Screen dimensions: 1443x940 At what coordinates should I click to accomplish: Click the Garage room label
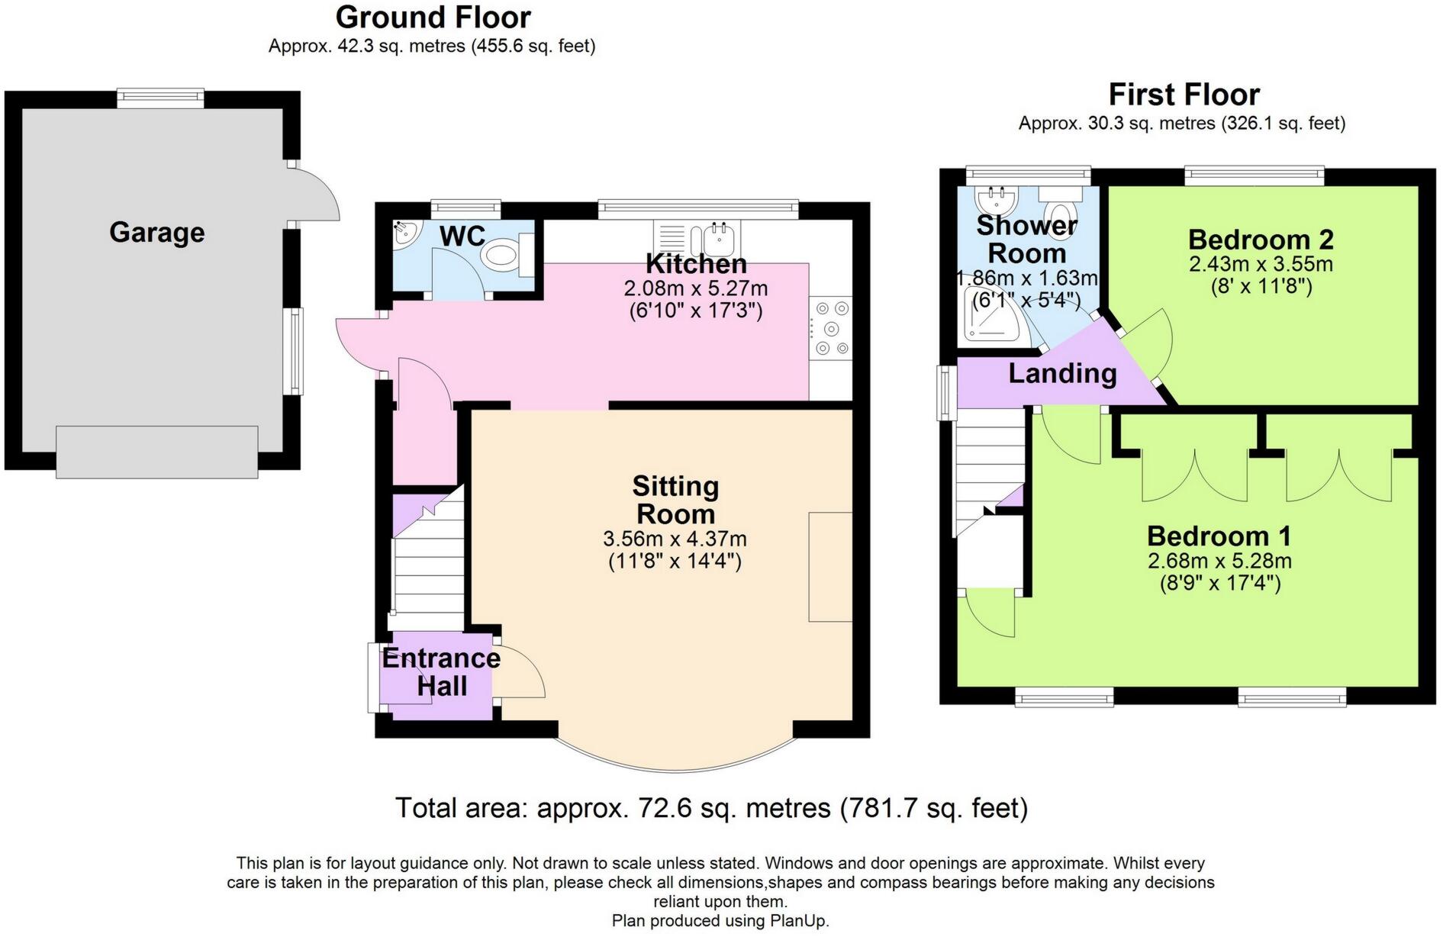157,232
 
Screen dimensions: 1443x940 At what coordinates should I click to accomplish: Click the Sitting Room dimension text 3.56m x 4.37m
675,539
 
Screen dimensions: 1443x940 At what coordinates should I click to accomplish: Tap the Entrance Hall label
441,671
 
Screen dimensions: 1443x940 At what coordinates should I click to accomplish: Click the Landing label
1062,374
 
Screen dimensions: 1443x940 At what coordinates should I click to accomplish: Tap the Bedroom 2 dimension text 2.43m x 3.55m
1261,264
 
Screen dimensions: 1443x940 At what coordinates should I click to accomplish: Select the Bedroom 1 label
1219,536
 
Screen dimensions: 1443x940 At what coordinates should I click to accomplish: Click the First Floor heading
1184,95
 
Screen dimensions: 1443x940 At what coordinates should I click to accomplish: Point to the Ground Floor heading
433,17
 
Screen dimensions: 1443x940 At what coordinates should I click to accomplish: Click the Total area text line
711,807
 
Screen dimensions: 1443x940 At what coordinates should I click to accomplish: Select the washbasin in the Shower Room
997,201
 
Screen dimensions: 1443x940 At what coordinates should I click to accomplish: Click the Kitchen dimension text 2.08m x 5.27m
696,288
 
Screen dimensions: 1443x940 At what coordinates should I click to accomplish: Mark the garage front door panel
157,452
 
